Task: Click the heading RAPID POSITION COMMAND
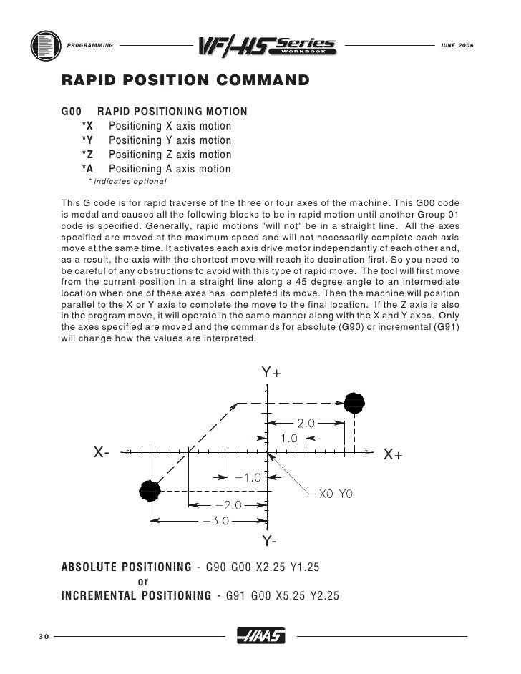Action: coord(185,79)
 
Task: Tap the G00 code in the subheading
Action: coord(72,112)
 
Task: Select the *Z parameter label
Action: coord(87,155)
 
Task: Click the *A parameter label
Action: coord(87,169)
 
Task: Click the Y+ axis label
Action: coord(271,373)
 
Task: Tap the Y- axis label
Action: coord(270,539)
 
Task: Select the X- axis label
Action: coord(101,452)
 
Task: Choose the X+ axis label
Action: coord(393,454)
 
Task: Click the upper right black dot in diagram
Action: coord(353,403)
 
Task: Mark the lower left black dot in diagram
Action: coord(149,490)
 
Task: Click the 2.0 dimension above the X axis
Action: coord(306,424)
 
